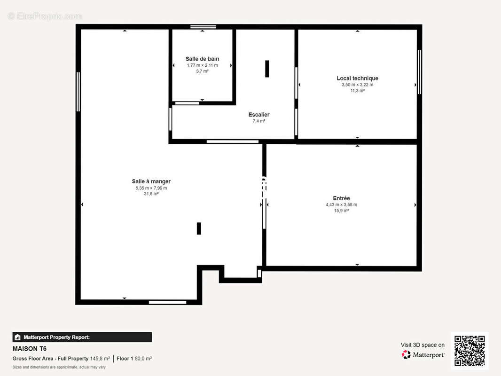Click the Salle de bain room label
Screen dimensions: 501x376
[x=202, y=59]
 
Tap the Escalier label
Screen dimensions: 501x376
[x=259, y=114]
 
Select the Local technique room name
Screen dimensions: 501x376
[x=357, y=78]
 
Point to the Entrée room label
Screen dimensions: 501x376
[x=341, y=198]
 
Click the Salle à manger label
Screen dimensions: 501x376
[x=151, y=181]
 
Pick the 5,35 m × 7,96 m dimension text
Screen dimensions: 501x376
[x=151, y=188]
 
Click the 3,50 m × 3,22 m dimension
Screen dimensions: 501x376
[x=357, y=85]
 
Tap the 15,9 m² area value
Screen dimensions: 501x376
[x=341, y=211]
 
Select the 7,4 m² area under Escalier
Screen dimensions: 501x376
[x=259, y=121]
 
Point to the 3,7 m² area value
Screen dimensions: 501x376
[x=202, y=71]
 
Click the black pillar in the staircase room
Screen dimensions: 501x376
[x=267, y=69]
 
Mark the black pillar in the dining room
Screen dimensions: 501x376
[x=199, y=228]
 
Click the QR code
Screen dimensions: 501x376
[x=470, y=351]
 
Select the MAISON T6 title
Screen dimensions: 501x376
[x=30, y=349]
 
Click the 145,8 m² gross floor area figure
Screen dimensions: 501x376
[x=100, y=359]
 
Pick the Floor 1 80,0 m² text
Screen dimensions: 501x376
[x=134, y=359]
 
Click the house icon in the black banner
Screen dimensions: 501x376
[x=17, y=337]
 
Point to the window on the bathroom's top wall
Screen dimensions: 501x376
[x=203, y=27]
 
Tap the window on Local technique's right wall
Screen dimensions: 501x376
[x=419, y=72]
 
